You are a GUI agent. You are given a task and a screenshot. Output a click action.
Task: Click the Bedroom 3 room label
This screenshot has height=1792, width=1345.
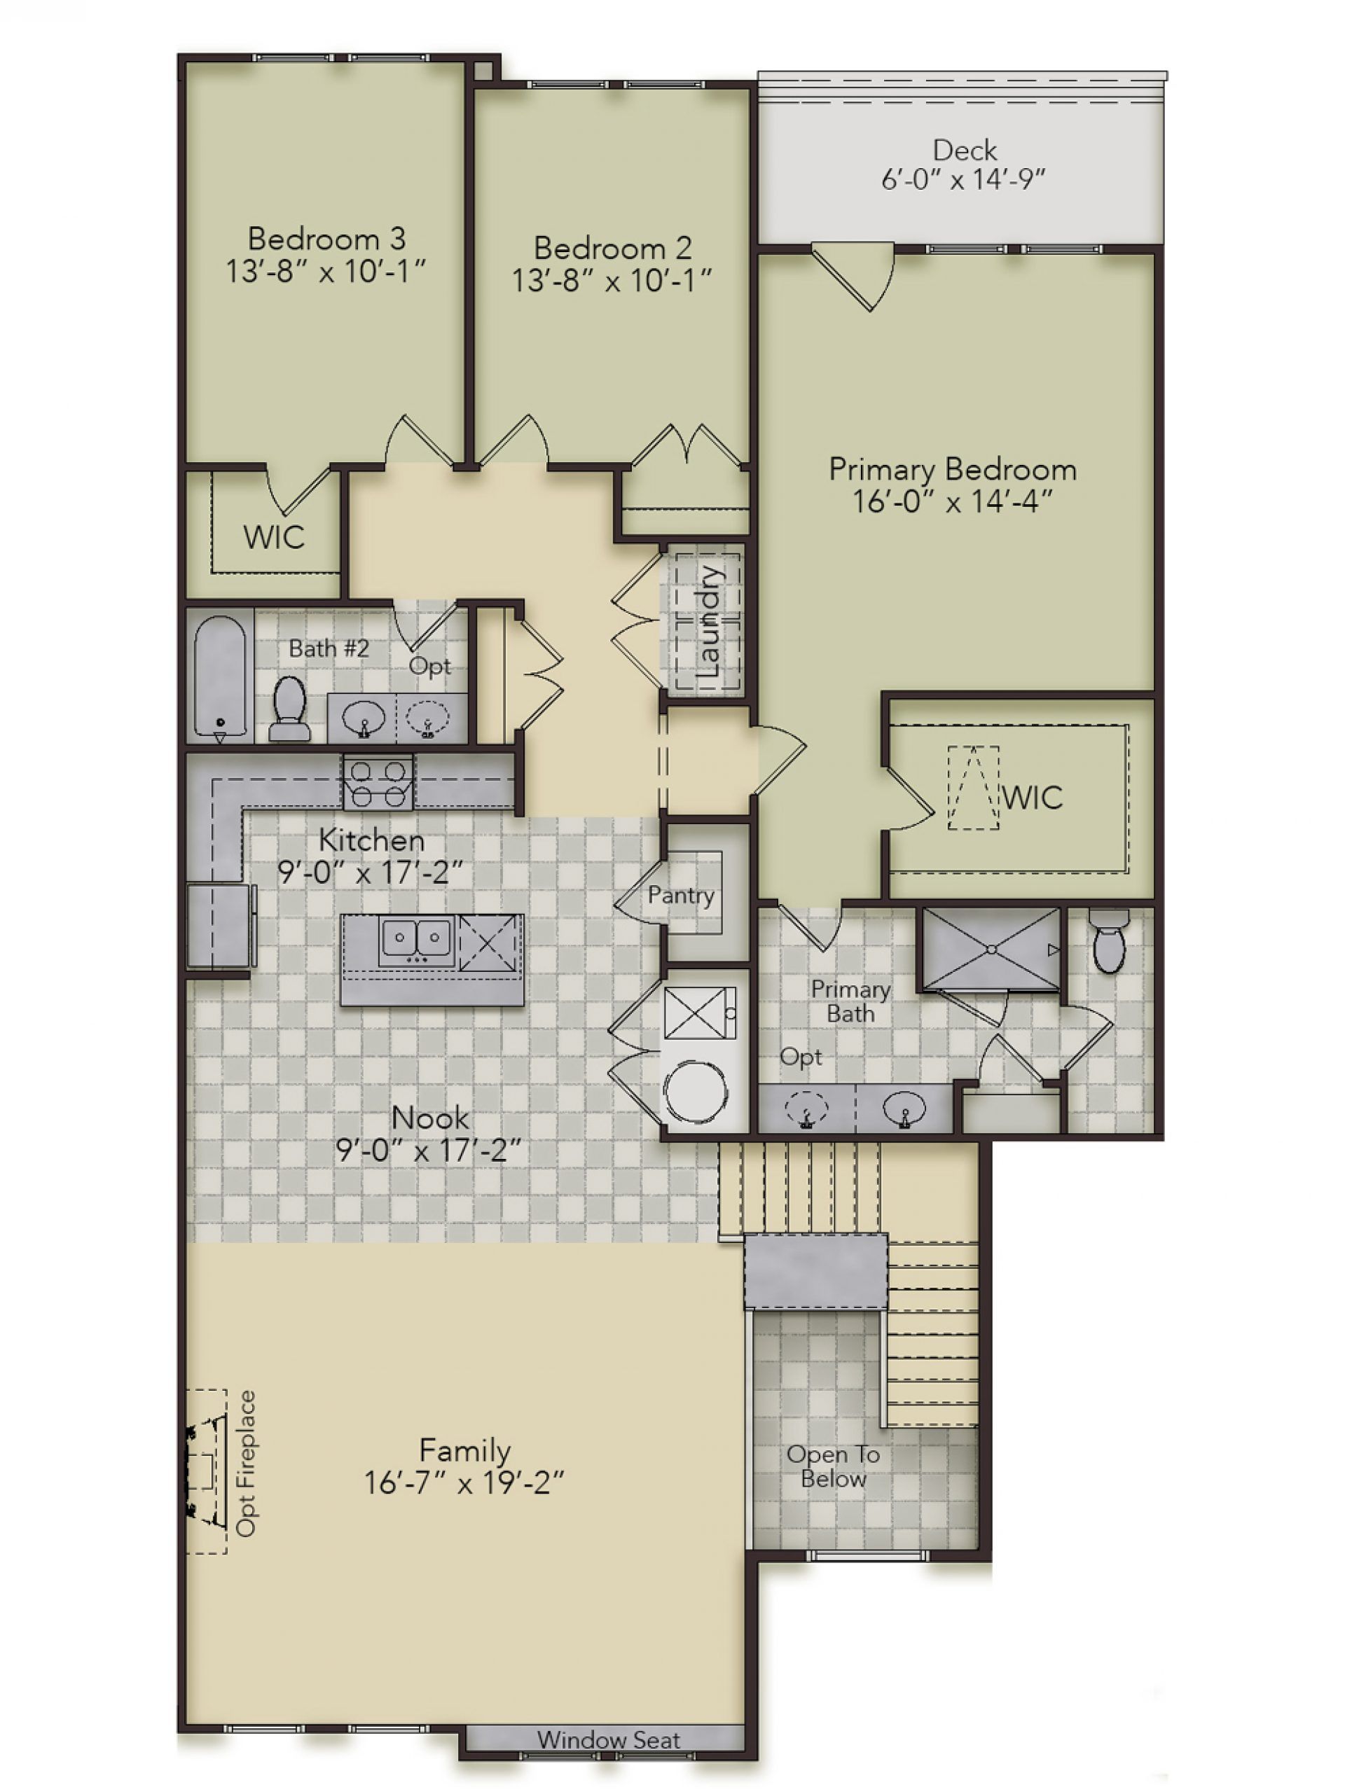pos(326,238)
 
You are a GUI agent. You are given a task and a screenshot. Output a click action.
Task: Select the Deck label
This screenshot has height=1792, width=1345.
pos(963,150)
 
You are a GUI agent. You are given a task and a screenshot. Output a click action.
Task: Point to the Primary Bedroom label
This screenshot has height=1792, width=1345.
pos(952,469)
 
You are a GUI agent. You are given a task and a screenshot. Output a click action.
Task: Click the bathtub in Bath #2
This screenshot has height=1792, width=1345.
pos(219,676)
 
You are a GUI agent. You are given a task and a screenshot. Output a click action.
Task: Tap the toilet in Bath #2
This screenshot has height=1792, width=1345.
pos(289,709)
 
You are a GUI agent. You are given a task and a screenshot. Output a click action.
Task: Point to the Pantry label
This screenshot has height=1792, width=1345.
pos(681,895)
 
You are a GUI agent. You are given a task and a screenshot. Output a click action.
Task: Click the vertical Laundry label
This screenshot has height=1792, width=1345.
pos(708,622)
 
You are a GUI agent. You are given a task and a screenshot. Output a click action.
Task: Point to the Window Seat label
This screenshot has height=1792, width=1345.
pos(607,1739)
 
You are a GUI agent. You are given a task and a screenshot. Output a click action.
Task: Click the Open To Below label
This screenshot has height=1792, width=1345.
pos(833,1466)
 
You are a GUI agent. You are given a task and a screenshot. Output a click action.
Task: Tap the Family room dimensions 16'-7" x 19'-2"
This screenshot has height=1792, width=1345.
pos(464,1482)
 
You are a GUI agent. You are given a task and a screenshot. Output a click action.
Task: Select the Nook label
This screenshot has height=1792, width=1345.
pos(429,1118)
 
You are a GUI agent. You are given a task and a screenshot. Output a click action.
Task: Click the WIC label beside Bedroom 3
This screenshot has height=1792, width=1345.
pos(274,537)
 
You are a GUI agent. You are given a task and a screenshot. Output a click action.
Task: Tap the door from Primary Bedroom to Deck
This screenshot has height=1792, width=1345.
pos(853,275)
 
